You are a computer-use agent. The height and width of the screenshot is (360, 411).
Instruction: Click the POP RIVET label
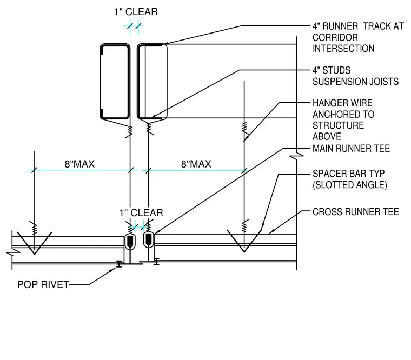[43, 284]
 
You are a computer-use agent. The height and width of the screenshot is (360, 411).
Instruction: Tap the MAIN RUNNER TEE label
[351, 149]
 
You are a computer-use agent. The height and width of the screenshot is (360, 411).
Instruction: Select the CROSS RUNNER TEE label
[356, 212]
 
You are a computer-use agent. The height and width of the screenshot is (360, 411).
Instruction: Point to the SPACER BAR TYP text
[349, 174]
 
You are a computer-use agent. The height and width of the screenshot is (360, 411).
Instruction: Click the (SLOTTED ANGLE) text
[350, 185]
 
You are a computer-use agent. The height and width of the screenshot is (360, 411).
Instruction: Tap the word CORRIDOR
[335, 37]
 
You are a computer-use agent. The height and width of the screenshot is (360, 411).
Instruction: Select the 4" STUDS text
[332, 70]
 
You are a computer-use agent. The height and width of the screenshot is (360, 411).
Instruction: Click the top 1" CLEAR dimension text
[136, 12]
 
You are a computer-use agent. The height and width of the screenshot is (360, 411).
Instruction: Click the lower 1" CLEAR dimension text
[141, 213]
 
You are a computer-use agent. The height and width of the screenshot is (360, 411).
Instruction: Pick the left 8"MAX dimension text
[79, 164]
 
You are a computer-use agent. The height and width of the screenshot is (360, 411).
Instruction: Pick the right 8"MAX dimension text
[196, 164]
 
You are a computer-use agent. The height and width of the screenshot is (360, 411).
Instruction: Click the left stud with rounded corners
[101, 81]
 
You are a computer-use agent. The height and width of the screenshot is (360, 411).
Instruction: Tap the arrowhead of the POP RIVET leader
[114, 269]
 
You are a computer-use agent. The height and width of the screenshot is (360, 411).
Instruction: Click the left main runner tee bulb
[130, 241]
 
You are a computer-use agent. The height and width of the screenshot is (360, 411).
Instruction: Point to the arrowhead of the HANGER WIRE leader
[246, 139]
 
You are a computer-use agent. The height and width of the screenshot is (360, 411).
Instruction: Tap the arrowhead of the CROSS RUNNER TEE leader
[271, 232]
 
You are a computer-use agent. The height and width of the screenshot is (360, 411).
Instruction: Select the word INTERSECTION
[343, 49]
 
